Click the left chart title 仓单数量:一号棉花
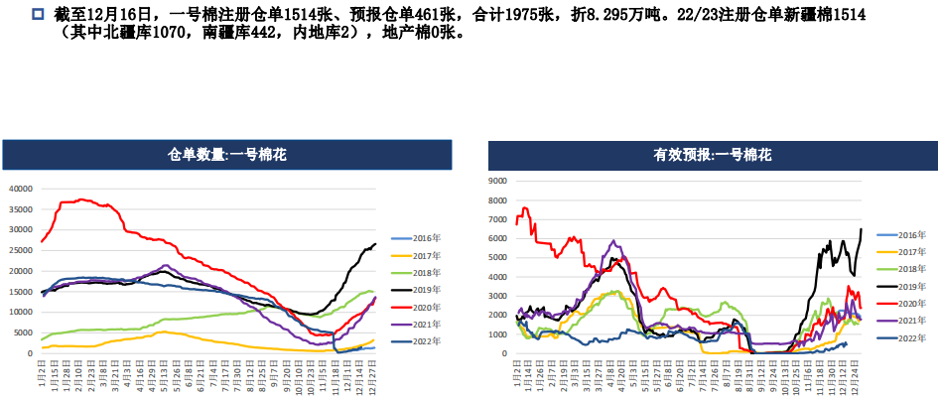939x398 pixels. (x=227, y=155)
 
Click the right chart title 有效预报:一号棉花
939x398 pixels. (x=713, y=155)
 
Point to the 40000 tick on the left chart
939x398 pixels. (x=21, y=189)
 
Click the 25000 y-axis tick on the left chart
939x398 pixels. (x=21, y=250)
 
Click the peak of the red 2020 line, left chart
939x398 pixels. (x=81, y=199)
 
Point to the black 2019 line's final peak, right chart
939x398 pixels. (x=861, y=229)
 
